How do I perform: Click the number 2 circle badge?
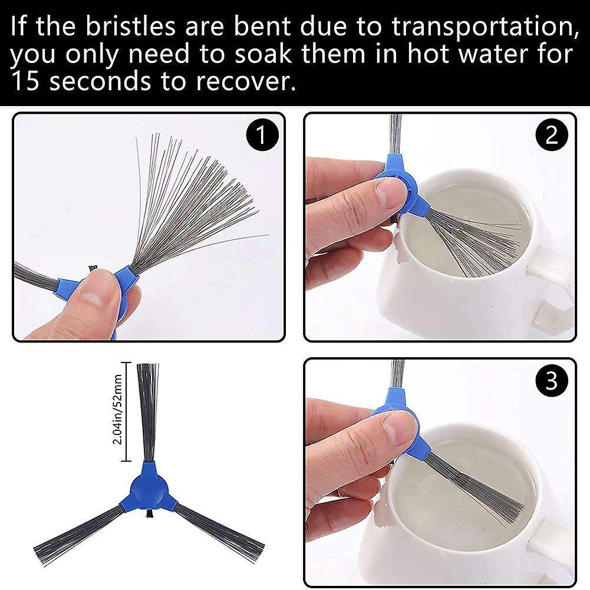[551, 136]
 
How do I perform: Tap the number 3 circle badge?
[551, 381]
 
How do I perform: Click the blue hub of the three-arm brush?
[148, 486]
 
